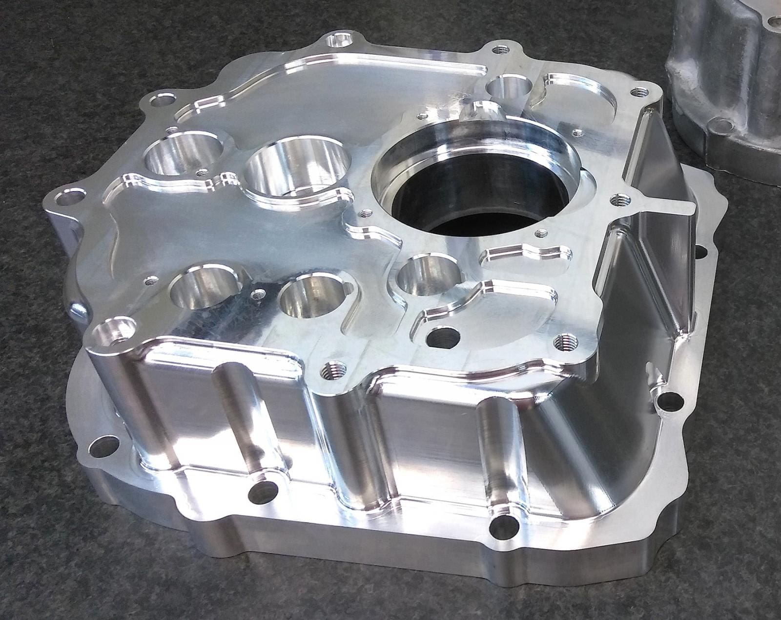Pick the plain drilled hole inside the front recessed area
[x=442, y=336]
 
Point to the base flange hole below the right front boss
[x=501, y=525]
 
